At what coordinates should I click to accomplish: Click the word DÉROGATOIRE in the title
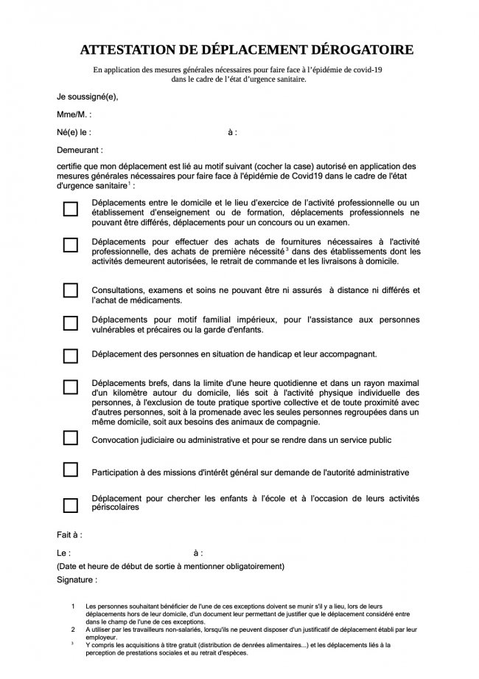[354, 50]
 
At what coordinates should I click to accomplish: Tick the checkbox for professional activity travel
[70, 209]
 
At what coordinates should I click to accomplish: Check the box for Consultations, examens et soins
[70, 290]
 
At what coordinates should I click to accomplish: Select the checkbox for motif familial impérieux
[70, 323]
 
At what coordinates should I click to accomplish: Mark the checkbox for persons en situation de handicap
[70, 356]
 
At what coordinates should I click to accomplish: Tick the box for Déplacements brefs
[70, 387]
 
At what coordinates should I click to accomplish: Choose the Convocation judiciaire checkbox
[70, 438]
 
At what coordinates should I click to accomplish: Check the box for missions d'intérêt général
[70, 469]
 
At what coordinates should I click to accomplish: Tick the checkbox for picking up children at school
[70, 506]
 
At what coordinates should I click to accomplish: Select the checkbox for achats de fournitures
[70, 245]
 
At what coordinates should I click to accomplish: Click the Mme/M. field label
[74, 114]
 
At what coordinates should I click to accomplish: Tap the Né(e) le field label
[74, 132]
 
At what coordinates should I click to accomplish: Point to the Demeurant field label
[80, 149]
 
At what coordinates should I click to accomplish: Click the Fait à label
[69, 534]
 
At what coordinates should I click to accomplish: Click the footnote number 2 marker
[73, 629]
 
